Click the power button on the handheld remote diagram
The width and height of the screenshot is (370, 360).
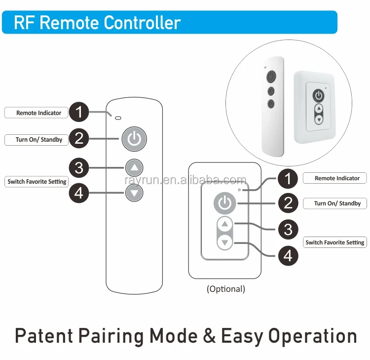[134, 138]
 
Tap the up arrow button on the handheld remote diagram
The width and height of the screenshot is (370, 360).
[134, 167]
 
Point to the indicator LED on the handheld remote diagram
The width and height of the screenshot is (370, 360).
[117, 118]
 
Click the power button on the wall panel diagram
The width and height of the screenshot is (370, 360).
[224, 202]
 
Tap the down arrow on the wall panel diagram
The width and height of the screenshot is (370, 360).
[225, 242]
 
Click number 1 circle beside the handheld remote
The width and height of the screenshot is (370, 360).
[79, 113]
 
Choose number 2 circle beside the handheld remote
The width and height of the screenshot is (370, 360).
[79, 139]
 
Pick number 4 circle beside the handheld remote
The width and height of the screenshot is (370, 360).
[79, 193]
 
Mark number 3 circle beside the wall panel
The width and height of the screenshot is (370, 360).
[288, 229]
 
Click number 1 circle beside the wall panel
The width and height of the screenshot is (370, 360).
[288, 178]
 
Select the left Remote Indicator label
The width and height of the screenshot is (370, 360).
[38, 113]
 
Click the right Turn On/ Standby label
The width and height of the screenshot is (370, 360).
[337, 203]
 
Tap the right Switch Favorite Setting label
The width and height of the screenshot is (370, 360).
[334, 242]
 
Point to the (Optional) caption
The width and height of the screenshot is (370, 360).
[225, 289]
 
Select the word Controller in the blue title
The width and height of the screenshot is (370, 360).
[143, 23]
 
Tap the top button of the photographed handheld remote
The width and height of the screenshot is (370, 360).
[271, 77]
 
